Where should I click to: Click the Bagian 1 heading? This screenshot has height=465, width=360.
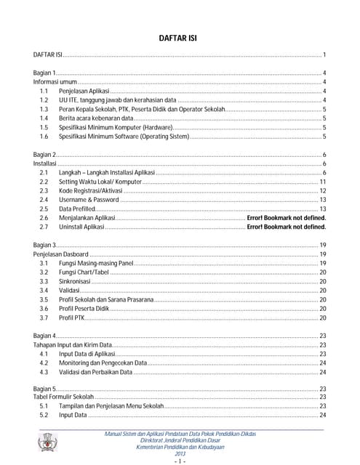(46, 73)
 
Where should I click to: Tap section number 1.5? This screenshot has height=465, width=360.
(44, 126)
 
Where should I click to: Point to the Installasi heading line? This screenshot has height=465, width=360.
(46, 164)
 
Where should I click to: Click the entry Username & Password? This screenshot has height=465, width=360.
(89, 199)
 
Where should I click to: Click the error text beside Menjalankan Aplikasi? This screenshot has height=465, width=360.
(286, 217)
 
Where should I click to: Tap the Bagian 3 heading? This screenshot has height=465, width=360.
(46, 245)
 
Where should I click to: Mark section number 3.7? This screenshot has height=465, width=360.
(44, 317)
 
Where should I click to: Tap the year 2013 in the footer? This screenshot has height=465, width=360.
(180, 453)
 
